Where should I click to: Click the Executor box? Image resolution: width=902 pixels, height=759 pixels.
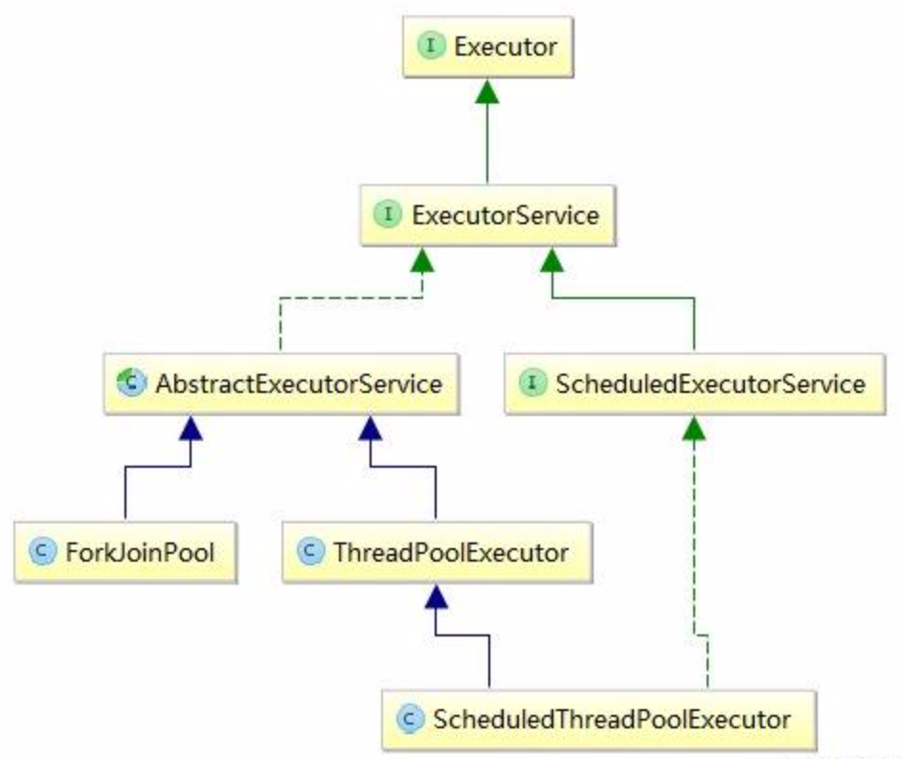point(486,46)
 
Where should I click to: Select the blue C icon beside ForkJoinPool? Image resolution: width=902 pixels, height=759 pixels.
point(40,552)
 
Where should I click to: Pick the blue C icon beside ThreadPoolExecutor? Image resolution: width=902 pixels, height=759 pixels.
point(308,552)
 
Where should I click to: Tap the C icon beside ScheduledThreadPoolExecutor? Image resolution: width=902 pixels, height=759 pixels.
point(410,717)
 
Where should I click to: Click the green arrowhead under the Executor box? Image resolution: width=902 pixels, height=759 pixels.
point(487,92)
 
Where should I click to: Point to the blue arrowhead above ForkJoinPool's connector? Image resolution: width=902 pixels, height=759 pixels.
point(192,429)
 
